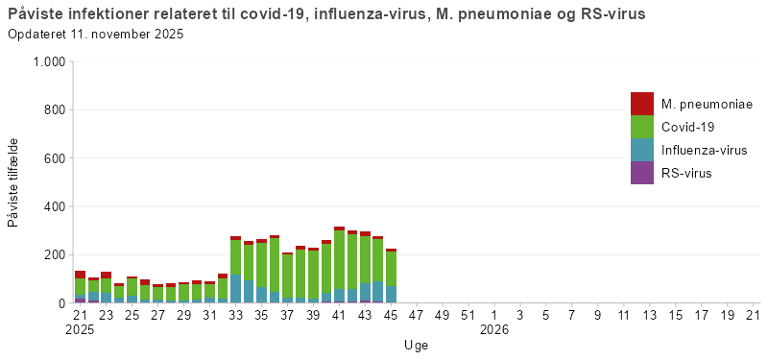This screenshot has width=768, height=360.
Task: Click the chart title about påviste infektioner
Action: coord(325,14)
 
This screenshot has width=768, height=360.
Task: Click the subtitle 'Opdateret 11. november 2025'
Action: coord(95,35)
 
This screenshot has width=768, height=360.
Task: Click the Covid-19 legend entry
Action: coord(687,127)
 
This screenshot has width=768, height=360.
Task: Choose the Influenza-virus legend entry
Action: coord(704,150)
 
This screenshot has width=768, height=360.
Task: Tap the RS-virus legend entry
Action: coord(686,173)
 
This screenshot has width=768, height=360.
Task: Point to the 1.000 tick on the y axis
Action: coord(48,61)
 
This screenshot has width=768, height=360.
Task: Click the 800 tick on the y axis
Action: coord(53,109)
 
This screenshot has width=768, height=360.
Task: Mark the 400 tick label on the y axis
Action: coord(53,206)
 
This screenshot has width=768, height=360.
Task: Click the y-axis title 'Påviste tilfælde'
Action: coord(13,182)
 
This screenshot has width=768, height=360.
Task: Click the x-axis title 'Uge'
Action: coord(416,344)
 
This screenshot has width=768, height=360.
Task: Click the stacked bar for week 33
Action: coord(236,270)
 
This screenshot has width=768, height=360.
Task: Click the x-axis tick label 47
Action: coord(417,315)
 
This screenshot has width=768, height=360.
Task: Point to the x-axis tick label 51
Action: coord(468,315)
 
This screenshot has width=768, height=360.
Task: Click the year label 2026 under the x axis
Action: coord(494,329)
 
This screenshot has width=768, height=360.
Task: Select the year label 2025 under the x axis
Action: coord(81,329)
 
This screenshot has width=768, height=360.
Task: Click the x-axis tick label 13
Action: coord(650,315)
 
